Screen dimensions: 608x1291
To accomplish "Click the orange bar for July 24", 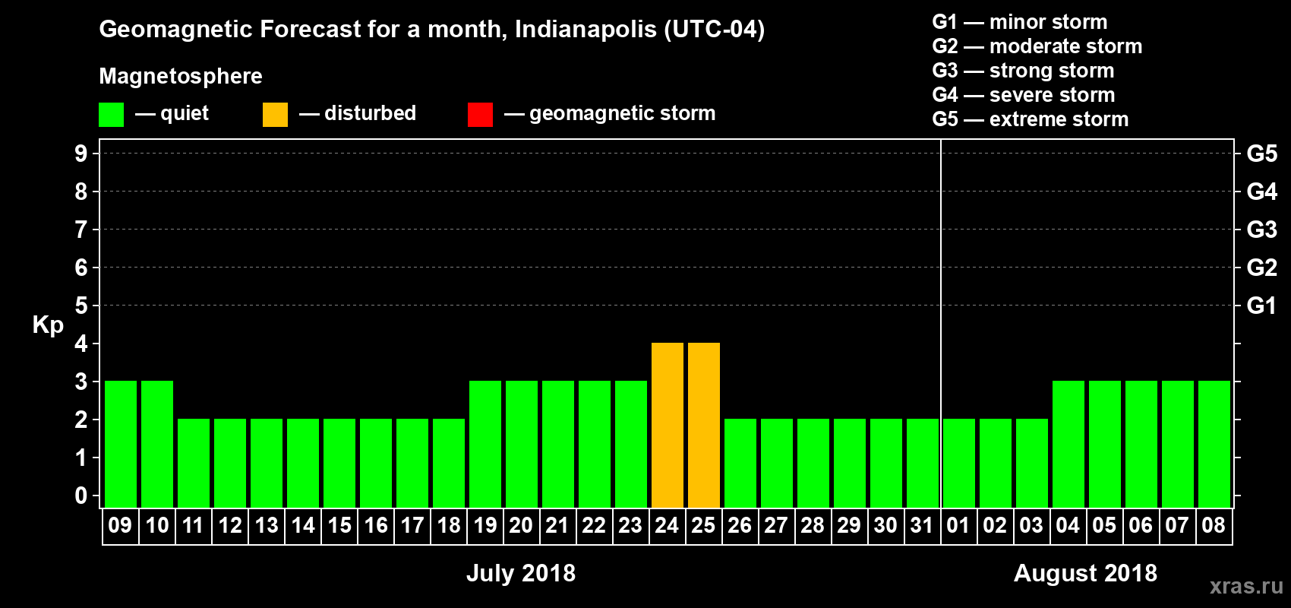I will [668, 425].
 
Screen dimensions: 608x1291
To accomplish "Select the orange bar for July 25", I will [704, 425].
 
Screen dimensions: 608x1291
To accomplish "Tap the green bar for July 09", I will [121, 444].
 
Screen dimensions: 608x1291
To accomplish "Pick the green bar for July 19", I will [485, 444].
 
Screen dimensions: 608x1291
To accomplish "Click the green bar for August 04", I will [1068, 444].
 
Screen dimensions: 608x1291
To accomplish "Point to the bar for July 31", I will [923, 463].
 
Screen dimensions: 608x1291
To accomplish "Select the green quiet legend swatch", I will [112, 115].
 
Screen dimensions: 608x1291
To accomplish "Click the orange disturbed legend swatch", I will [275, 115].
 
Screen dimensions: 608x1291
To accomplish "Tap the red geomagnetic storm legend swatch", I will [480, 115].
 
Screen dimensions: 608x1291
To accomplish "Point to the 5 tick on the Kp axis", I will [81, 306].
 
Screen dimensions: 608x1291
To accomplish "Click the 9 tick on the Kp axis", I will [81, 154].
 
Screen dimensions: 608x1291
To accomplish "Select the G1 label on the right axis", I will [1261, 306].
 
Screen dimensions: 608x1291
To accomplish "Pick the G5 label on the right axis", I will [1261, 154].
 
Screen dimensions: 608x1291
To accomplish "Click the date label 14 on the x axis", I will [303, 525].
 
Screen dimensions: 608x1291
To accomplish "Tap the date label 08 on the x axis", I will [1214, 525].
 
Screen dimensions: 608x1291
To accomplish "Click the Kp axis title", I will [48, 325].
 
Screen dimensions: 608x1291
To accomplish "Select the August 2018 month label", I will [1085, 573].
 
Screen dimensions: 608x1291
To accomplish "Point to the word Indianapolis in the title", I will [585, 30].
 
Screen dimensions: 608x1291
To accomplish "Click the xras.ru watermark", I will [1246, 586].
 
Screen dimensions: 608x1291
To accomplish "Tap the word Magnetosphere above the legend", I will [181, 76].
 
